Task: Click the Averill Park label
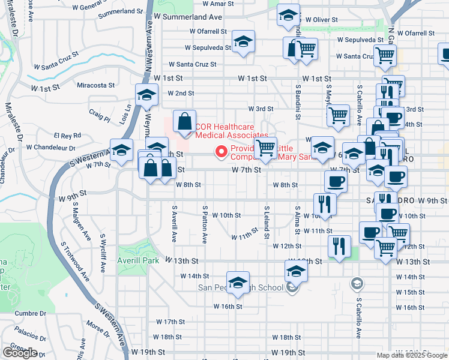click(138, 261)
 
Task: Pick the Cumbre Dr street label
click(31, 313)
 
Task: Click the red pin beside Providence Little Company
click(221, 152)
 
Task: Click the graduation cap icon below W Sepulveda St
click(243, 42)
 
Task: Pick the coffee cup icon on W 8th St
click(336, 181)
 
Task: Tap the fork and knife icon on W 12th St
click(339, 246)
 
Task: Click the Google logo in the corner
click(20, 353)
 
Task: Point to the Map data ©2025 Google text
click(411, 355)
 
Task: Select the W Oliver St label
click(321, 20)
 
